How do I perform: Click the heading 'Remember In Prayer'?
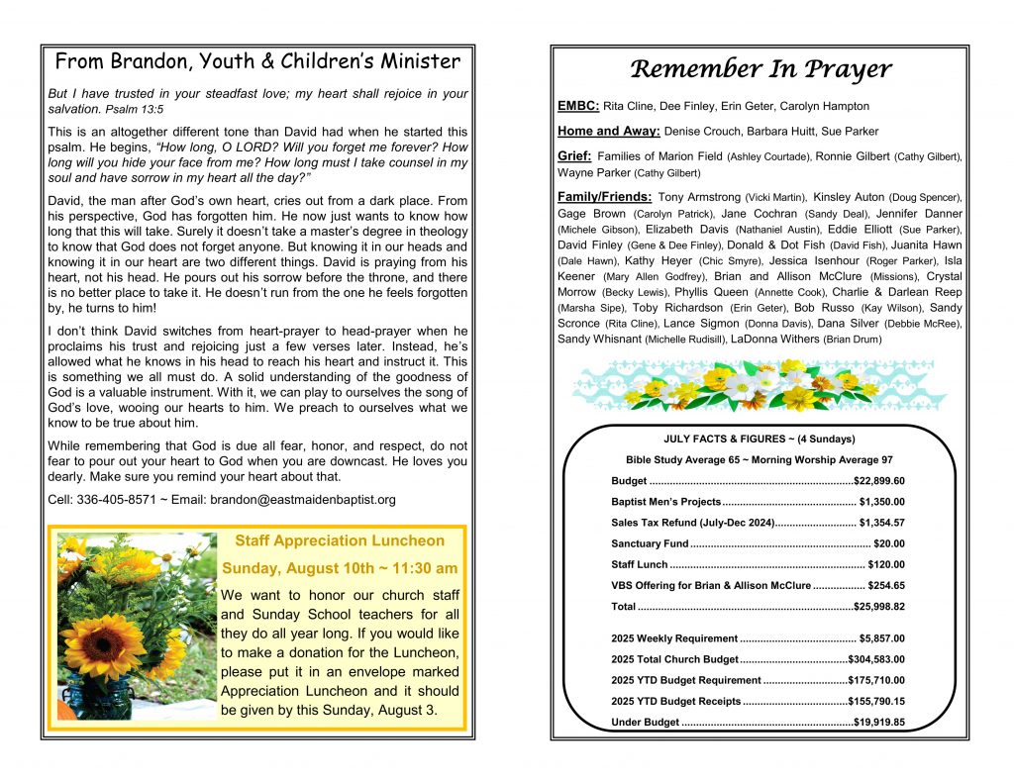(x=760, y=69)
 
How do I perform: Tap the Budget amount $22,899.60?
(x=879, y=481)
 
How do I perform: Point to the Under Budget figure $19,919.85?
(x=879, y=723)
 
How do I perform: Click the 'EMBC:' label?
(x=578, y=106)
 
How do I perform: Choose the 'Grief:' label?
(x=575, y=156)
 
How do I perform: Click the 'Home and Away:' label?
(x=609, y=131)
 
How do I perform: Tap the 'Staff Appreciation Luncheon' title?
(x=340, y=540)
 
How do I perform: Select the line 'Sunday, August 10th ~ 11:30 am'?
(x=340, y=568)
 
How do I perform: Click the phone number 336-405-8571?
(x=117, y=499)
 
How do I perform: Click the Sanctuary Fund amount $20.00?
(x=889, y=543)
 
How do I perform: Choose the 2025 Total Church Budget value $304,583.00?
(x=876, y=659)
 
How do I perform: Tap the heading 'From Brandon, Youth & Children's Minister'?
(x=257, y=62)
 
